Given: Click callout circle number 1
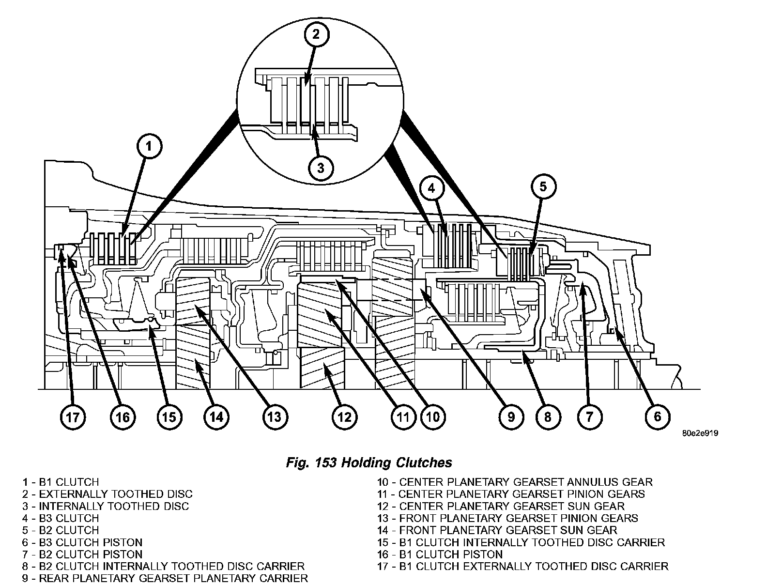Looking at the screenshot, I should point(149,146).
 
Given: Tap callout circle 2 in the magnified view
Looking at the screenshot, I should point(316,34).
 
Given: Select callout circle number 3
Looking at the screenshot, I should point(320,168).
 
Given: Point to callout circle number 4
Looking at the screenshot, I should point(433,187).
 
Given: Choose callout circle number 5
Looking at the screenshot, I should point(543,186).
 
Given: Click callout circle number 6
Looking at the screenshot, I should point(657,416).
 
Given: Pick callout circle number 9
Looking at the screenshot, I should point(511,416).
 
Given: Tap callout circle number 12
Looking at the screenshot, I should point(344,416).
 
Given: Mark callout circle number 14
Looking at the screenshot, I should point(216,416).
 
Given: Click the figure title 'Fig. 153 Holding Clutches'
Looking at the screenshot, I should point(369,462).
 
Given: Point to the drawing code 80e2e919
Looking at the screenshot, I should point(700,434).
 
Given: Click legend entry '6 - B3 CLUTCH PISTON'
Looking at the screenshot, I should point(82,542).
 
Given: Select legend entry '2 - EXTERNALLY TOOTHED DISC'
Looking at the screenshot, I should point(107,494).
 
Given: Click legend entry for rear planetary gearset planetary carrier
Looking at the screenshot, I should point(165,578).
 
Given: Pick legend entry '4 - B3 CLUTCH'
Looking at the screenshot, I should point(60,518).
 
